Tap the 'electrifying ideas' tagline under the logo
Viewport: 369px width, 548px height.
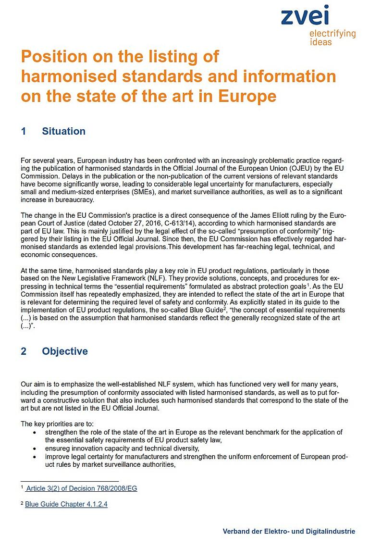332,37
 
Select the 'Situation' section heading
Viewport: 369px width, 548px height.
63,131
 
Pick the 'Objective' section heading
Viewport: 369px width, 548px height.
65,351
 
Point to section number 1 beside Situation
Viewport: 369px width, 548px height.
24,131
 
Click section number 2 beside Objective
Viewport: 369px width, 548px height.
24,351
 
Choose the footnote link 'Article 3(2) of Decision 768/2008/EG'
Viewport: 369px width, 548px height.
81,488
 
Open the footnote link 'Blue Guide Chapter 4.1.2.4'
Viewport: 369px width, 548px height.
66,504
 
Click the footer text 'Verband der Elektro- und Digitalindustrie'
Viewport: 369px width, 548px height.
289,532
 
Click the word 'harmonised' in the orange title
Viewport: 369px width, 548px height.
64,76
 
